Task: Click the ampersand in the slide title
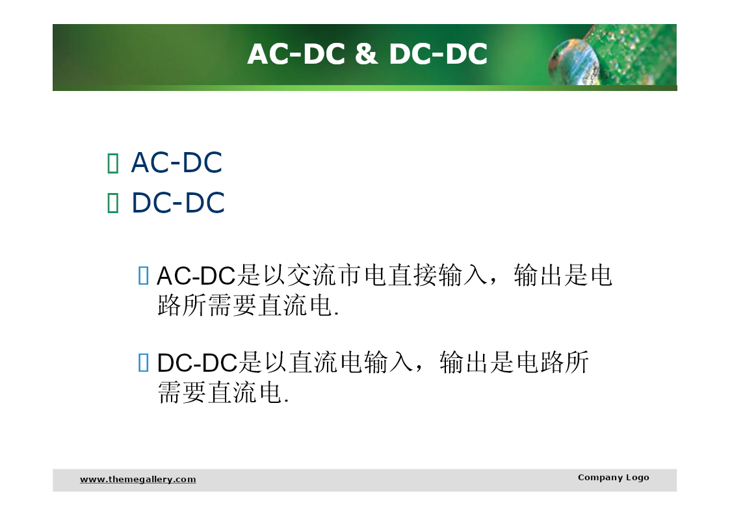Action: pyautogui.click(x=366, y=53)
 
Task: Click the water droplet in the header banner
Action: pyautogui.click(x=573, y=62)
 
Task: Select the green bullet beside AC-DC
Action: pyautogui.click(x=112, y=163)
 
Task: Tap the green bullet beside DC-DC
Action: pyautogui.click(x=112, y=203)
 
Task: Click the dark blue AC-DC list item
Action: pyautogui.click(x=176, y=163)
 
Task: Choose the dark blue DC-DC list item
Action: pyautogui.click(x=178, y=203)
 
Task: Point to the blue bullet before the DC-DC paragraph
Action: pyautogui.click(x=144, y=363)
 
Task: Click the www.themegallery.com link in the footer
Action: pyautogui.click(x=138, y=479)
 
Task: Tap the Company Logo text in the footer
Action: pyautogui.click(x=613, y=478)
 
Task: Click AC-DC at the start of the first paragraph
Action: pyautogui.click(x=196, y=276)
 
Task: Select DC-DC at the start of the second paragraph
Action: pyautogui.click(x=198, y=363)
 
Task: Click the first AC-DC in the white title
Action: pyautogui.click(x=296, y=53)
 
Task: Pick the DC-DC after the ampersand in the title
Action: pyautogui.click(x=438, y=53)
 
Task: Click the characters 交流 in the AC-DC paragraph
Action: pyautogui.click(x=311, y=276)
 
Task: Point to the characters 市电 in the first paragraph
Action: pyautogui.click(x=362, y=276)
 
